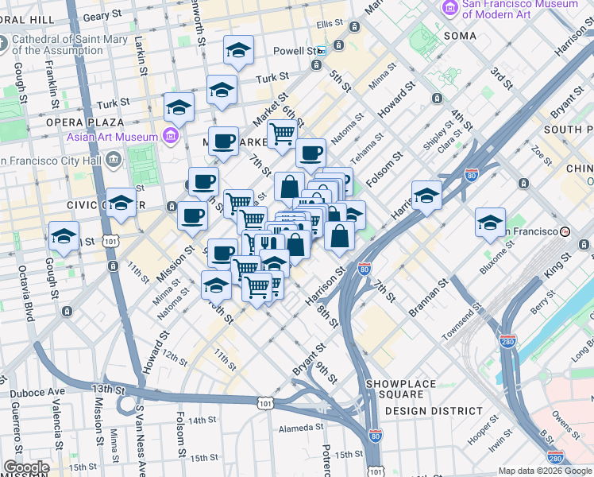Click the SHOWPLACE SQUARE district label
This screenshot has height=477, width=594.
pyautogui.click(x=401, y=390)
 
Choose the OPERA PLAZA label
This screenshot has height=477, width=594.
pyautogui.click(x=84, y=122)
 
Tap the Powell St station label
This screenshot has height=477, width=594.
pyautogui.click(x=295, y=51)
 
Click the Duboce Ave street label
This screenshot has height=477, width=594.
pyautogui.click(x=37, y=393)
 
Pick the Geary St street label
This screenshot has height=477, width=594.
pyautogui.click(x=101, y=15)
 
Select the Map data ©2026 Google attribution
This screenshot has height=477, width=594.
pyautogui.click(x=545, y=471)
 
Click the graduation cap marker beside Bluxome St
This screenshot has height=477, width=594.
pyautogui.click(x=490, y=223)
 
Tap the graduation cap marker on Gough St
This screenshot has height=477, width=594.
pyautogui.click(x=64, y=236)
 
